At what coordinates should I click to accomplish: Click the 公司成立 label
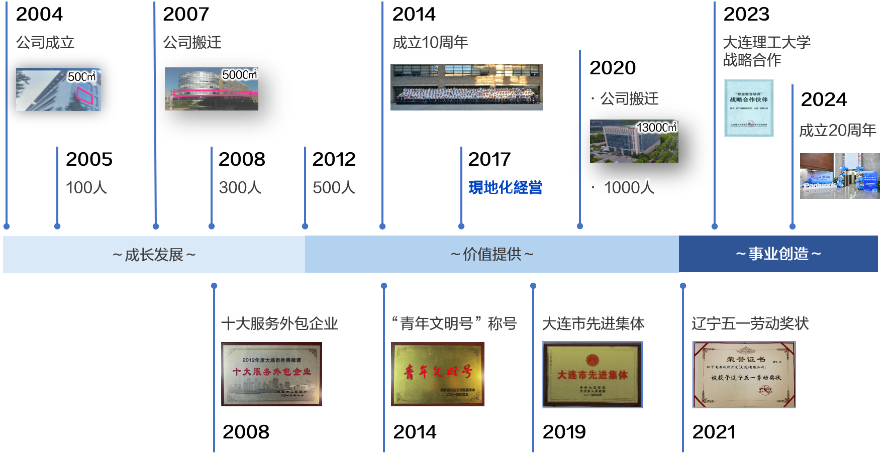click(46, 42)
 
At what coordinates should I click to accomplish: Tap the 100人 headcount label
click(86, 187)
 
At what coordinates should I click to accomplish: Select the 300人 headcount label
click(240, 187)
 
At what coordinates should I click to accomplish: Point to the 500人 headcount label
click(334, 187)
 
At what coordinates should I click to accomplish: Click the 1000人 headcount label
click(629, 187)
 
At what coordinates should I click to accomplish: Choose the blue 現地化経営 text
click(506, 187)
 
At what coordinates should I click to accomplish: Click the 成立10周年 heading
click(430, 42)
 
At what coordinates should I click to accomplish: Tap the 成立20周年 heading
click(837, 130)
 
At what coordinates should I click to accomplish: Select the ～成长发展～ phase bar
click(154, 255)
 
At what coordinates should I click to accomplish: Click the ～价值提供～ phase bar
click(491, 254)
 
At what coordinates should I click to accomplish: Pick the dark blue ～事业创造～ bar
click(778, 254)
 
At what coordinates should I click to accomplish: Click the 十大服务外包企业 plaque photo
click(271, 374)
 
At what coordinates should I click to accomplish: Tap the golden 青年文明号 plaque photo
click(438, 374)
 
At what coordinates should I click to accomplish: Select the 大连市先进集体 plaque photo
click(592, 375)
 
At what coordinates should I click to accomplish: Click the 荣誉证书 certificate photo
click(744, 375)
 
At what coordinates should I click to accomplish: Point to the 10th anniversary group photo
click(466, 87)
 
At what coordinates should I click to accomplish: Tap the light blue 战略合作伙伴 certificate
click(749, 108)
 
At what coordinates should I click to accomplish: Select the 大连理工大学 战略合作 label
click(766, 51)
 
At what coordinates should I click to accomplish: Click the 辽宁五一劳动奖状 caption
click(750, 323)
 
